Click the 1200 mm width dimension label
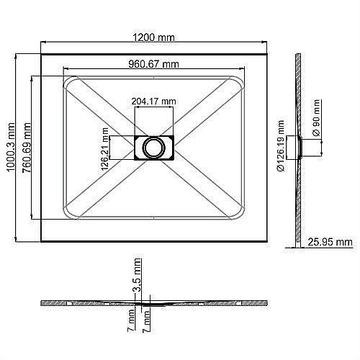point(154,37)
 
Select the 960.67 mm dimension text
point(153,63)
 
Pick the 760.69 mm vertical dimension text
point(27,148)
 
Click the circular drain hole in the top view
point(153,147)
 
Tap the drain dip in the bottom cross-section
point(144,303)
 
